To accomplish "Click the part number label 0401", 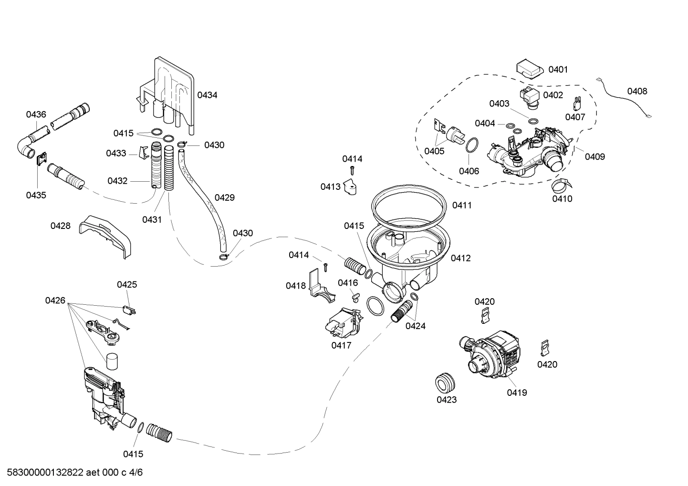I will pos(558,70).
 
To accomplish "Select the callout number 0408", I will pos(637,91).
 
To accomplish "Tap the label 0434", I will pos(207,95).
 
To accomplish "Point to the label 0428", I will pos(61,226).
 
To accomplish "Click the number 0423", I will pos(447,400).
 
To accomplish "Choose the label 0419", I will pos(517,393).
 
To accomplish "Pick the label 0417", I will pos(341,345).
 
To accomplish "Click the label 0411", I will pos(461,205).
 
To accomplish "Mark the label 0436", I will pos(36,114).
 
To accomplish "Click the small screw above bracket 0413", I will pos(352,170).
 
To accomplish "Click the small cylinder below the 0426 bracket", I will pos(112,361).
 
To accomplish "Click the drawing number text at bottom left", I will pos(72,473).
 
